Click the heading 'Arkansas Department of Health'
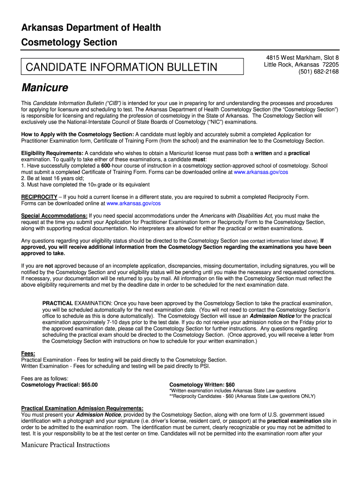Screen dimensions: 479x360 [x=91, y=28]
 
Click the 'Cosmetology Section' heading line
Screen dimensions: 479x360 [x=69, y=43]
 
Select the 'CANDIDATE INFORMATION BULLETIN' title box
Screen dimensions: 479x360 [x=132, y=67]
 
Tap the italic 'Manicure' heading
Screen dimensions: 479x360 [x=45, y=88]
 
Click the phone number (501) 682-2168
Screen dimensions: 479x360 [x=319, y=72]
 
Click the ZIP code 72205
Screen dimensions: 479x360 [x=330, y=65]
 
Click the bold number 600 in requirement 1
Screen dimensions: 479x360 [x=106, y=166]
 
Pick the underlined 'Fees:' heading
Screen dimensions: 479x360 [x=28, y=354]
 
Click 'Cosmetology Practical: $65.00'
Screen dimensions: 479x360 [x=60, y=385]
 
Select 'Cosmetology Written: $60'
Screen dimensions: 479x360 [x=202, y=385]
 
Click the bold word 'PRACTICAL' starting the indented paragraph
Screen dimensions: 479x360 [x=58, y=303]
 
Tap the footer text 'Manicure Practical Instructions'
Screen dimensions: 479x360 [x=65, y=445]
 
